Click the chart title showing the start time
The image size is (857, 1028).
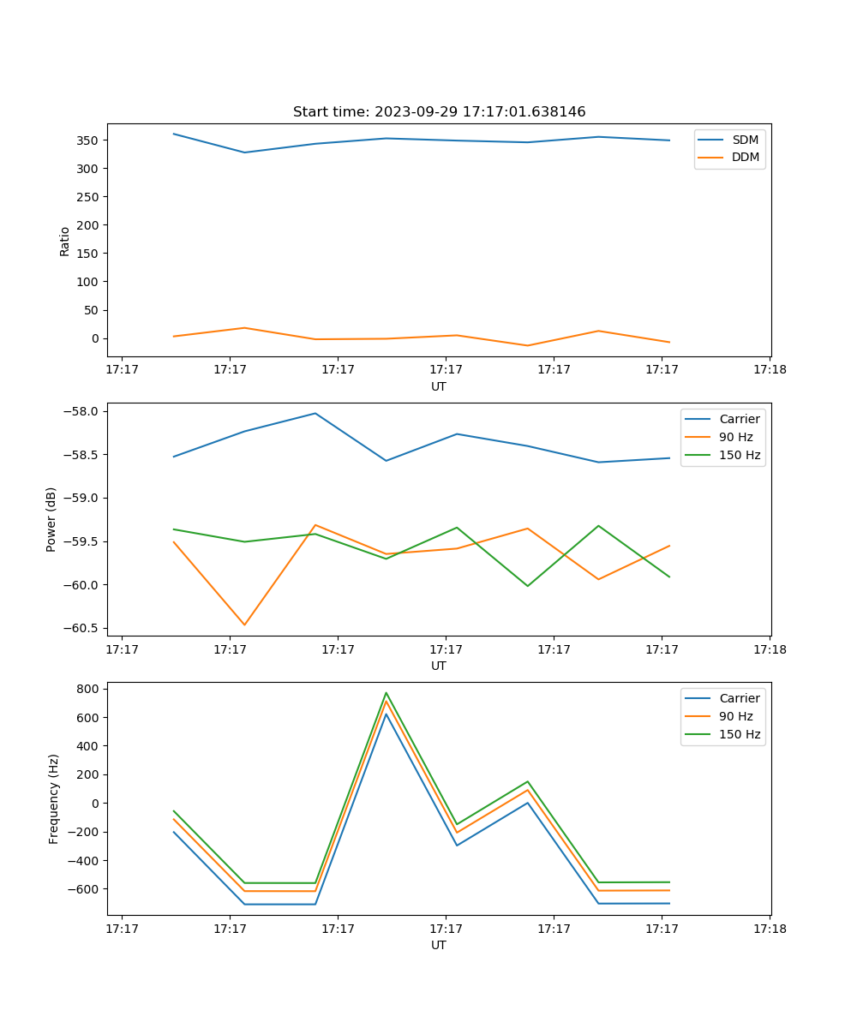(x=439, y=112)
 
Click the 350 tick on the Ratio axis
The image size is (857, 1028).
(x=89, y=140)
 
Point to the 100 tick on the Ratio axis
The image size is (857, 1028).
(x=89, y=282)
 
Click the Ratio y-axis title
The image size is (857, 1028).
(x=65, y=241)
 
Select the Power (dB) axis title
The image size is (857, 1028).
(x=51, y=519)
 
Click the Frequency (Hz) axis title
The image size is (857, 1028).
(x=54, y=798)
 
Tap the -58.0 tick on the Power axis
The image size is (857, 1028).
(x=81, y=411)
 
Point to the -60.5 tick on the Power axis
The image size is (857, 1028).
(x=81, y=628)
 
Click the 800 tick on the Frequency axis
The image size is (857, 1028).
(x=89, y=689)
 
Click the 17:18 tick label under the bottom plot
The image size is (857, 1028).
(x=770, y=928)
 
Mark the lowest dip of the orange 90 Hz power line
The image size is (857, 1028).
(x=244, y=625)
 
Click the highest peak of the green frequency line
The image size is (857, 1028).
(x=387, y=693)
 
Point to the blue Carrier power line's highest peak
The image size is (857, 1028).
(x=315, y=413)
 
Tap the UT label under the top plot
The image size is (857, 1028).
(x=439, y=386)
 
